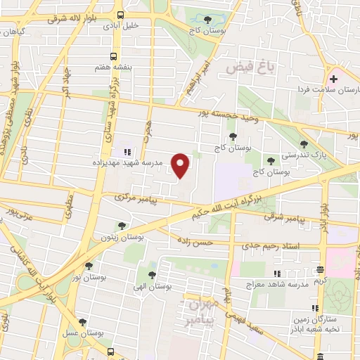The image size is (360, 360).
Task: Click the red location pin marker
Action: coord(181,166)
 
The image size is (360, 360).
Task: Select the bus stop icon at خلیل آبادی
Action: coord(121,15)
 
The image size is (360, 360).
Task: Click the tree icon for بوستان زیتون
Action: coord(122,226)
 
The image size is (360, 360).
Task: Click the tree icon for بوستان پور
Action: coord(89,265)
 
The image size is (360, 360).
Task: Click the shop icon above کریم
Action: coord(321,269)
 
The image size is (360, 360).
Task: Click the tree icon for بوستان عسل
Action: coord(84,322)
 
